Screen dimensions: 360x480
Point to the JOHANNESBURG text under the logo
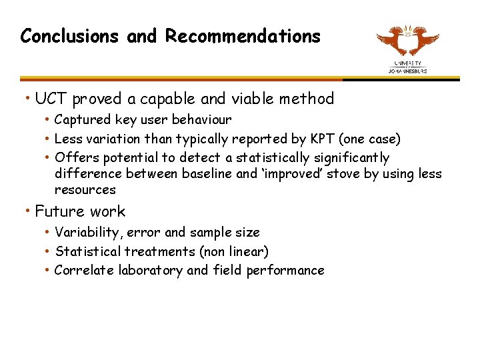coord(408,71)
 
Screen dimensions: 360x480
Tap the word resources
coord(85,190)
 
